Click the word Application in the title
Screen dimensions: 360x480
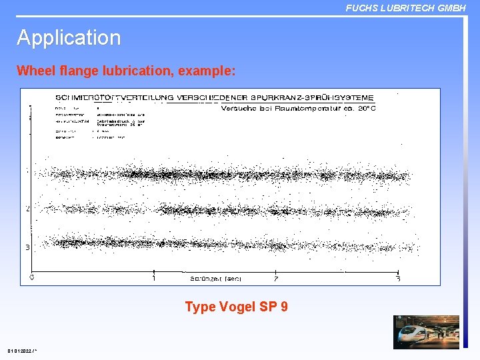[69, 38]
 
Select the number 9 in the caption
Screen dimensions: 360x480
[284, 307]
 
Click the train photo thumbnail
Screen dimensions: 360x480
[426, 332]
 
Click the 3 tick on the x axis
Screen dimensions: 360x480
[398, 279]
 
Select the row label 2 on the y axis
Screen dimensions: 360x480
[27, 209]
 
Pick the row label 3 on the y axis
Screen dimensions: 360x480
[27, 247]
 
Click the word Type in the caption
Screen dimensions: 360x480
[199, 307]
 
